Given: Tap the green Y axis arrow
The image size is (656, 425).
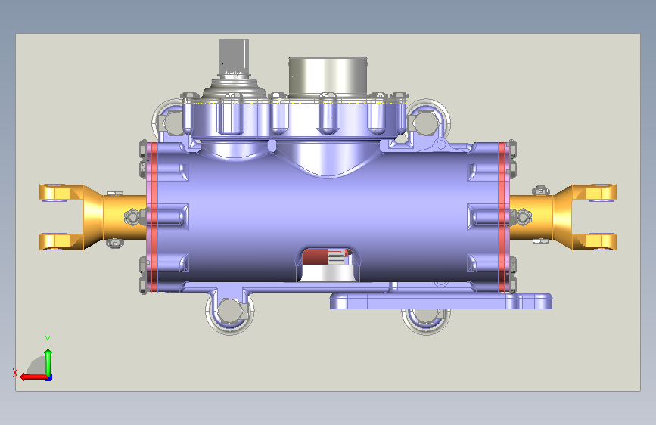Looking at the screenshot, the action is pyautogui.click(x=48, y=362).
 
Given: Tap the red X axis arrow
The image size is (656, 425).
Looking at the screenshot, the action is pyautogui.click(x=33, y=377).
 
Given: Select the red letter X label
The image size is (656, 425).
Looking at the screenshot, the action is pyautogui.click(x=15, y=373).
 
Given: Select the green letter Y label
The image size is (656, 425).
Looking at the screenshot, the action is pyautogui.click(x=48, y=340).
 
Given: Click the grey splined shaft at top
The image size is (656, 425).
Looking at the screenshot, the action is pyautogui.click(x=234, y=57).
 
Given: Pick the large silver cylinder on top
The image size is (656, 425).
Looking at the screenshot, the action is pyautogui.click(x=328, y=76).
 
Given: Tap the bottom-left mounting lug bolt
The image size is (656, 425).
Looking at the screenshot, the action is pyautogui.click(x=230, y=312).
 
